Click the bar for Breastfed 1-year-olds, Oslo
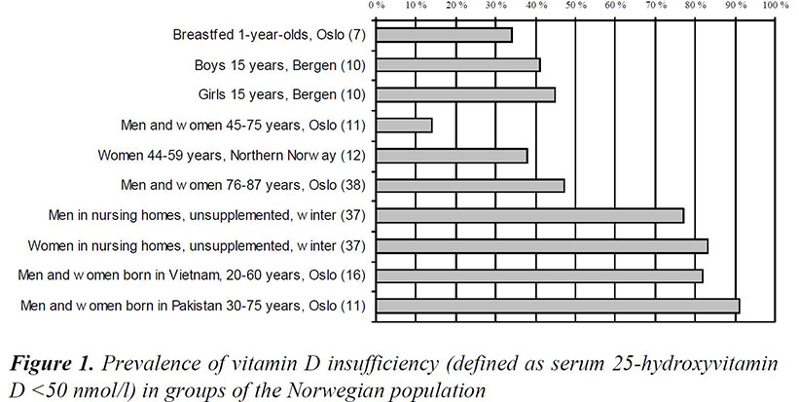coord(444,35)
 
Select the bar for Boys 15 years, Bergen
coord(457,65)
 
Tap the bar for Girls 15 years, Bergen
coord(465,95)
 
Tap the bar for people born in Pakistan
coord(558,306)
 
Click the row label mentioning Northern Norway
coord(232,156)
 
